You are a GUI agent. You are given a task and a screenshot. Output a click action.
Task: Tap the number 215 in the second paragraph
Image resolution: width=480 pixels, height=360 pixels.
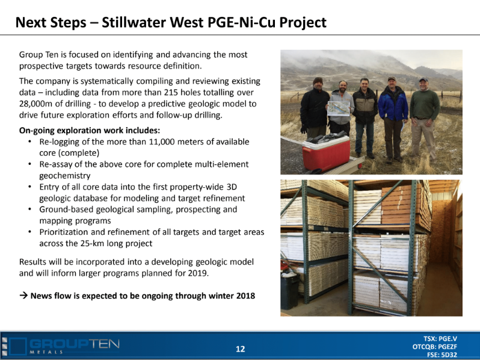pos(170,93)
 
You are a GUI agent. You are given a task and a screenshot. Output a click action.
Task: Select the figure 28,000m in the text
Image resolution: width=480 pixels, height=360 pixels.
pos(36,104)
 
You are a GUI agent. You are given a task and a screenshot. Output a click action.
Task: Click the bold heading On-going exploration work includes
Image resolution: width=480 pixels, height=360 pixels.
pos(90,131)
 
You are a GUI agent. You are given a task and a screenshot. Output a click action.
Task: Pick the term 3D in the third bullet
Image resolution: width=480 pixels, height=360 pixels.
pos(232,187)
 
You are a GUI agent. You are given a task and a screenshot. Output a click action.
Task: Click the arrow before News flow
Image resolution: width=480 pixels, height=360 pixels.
pos(23,296)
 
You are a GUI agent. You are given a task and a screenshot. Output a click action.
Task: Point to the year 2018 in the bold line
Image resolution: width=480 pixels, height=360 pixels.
pos(245,296)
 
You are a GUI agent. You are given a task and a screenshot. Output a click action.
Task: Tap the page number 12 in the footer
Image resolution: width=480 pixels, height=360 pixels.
pos(241,349)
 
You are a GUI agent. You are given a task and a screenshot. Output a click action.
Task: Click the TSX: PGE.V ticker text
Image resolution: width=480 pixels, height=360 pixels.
pos(440,338)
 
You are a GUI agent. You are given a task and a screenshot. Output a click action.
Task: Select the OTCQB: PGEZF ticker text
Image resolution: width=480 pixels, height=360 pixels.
pos(435,347)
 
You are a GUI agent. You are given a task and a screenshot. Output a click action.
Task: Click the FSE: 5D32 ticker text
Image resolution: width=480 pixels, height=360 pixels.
pos(442,355)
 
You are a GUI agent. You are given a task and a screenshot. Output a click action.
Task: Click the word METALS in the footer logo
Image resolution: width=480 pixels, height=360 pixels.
pos(46,352)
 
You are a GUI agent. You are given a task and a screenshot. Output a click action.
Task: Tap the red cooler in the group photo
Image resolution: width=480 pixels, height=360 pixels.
pos(327,153)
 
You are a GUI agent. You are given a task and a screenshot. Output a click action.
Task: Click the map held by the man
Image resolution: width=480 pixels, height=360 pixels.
pos(339,108)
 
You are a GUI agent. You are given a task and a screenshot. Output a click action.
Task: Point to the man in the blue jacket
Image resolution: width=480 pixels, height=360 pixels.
pos(393,118)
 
